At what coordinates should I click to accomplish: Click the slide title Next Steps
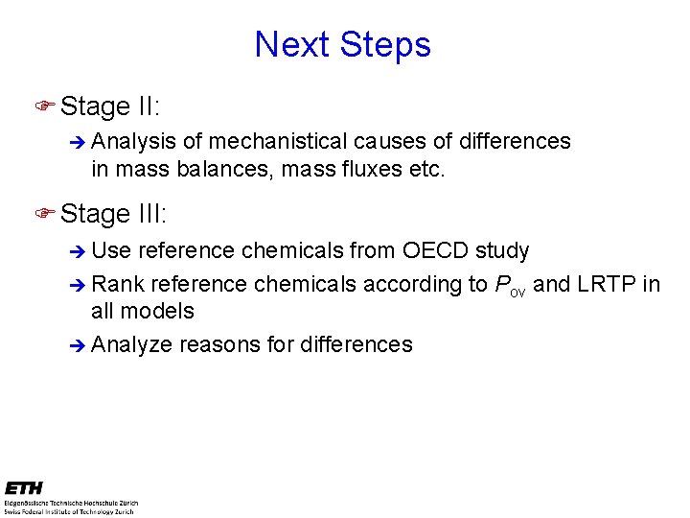coord(343,44)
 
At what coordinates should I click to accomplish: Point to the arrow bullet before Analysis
coord(79,143)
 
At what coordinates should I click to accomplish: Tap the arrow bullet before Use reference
coord(79,252)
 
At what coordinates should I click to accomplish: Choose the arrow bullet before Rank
coord(79,285)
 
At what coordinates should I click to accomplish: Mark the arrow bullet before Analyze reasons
coord(79,345)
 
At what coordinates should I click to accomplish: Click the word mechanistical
coord(278,142)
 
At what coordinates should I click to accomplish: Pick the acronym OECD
coord(437,251)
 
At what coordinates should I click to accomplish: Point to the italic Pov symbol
coord(510,285)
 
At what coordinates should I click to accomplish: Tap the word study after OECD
coord(502,251)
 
